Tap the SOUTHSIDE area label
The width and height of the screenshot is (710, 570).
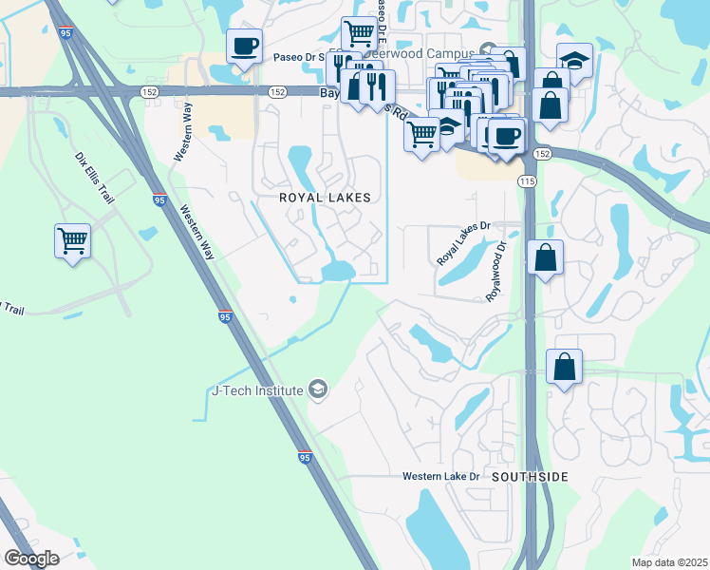pos(531,476)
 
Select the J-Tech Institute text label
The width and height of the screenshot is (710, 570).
pos(256,389)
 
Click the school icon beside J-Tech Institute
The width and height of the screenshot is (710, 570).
pos(318,389)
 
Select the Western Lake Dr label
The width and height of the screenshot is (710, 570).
pos(442,475)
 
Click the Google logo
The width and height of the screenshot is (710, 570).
pos(31,559)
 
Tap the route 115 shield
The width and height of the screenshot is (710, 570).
pos(528,180)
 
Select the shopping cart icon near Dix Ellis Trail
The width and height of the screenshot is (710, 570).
pos(73,240)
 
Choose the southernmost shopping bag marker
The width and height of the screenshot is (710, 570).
pos(564,366)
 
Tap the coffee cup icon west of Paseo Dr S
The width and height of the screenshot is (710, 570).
pos(244,45)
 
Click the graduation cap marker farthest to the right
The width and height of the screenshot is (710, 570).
pos(574,60)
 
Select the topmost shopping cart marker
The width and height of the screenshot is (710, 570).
pos(359,33)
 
